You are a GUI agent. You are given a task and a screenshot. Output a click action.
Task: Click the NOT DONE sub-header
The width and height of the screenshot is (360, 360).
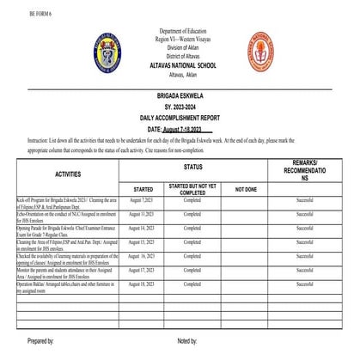click(246, 187)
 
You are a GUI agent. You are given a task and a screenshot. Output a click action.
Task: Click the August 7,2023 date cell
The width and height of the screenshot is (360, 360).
click(139, 199)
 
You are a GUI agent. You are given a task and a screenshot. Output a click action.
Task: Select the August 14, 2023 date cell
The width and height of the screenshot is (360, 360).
click(139, 229)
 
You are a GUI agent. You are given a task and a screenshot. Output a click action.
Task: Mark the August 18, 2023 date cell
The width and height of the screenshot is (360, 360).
click(139, 282)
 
